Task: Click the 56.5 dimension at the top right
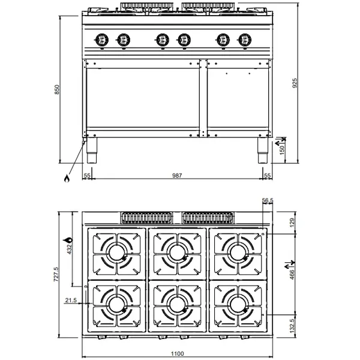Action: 268,201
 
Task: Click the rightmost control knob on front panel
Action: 243,40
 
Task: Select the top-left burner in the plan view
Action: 116,251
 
